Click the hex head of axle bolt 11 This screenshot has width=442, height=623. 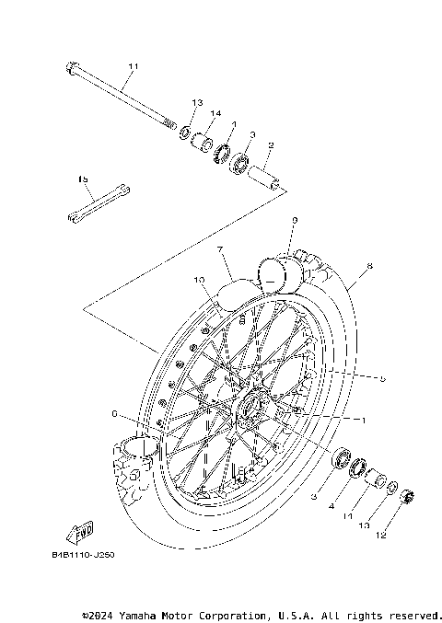(72, 67)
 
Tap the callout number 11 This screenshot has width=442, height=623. (133, 67)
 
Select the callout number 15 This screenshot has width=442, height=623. (83, 179)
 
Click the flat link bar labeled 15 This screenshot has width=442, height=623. (98, 203)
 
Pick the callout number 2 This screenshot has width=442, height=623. (272, 144)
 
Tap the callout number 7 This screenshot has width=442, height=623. (220, 249)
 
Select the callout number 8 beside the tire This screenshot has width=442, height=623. (369, 267)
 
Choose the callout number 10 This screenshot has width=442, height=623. (198, 279)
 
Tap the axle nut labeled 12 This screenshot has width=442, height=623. (402, 500)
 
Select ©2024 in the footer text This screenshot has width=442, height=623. (99, 614)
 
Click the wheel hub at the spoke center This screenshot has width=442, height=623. (253, 408)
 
